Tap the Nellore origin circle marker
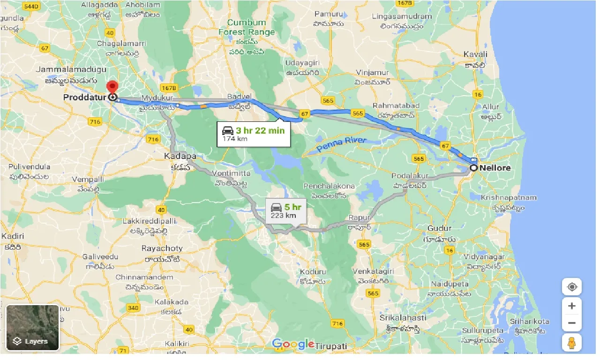(x=474, y=168)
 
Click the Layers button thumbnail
(x=32, y=328)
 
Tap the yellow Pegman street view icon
(x=571, y=343)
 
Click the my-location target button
(x=572, y=287)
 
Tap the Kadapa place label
(x=180, y=156)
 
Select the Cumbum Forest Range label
(x=247, y=27)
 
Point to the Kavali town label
(x=475, y=54)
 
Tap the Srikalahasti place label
(x=403, y=318)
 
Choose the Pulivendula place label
(x=29, y=166)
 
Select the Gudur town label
(x=439, y=228)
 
